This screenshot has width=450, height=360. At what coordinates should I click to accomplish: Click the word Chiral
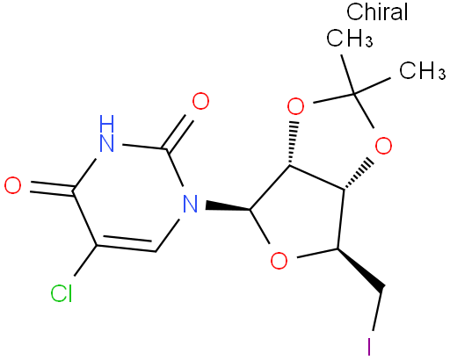pos(377,11)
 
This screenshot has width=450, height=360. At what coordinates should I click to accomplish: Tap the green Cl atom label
pos(62,293)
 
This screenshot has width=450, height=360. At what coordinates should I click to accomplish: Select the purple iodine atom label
pos(369,347)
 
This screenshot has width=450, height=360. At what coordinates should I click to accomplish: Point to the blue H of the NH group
pos(106,124)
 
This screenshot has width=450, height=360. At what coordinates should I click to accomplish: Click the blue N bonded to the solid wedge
pos(190,204)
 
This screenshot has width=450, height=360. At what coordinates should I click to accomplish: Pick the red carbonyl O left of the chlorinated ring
pos(13,185)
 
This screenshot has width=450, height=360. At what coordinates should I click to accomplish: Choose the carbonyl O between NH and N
pos(200,101)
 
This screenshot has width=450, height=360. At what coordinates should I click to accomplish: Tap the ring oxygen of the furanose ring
pos(279,261)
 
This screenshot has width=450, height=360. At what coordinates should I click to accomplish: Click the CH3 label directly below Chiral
pos(350,38)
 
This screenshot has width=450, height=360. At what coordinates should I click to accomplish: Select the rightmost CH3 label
pos(423,70)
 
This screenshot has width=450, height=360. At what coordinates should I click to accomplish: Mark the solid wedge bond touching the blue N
pos(228,205)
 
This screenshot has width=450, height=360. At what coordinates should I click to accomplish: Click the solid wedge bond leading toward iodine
pos(360,270)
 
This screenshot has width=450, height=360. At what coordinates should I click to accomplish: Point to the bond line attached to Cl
pos(85,261)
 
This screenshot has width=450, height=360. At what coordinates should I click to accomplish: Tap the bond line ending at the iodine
pos(377,311)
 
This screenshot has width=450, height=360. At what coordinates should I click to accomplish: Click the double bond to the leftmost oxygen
pos(52,187)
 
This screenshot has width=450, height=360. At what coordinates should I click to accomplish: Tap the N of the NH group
pos(106,143)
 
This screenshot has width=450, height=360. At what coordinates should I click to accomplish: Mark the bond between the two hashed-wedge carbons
pos(317,176)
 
